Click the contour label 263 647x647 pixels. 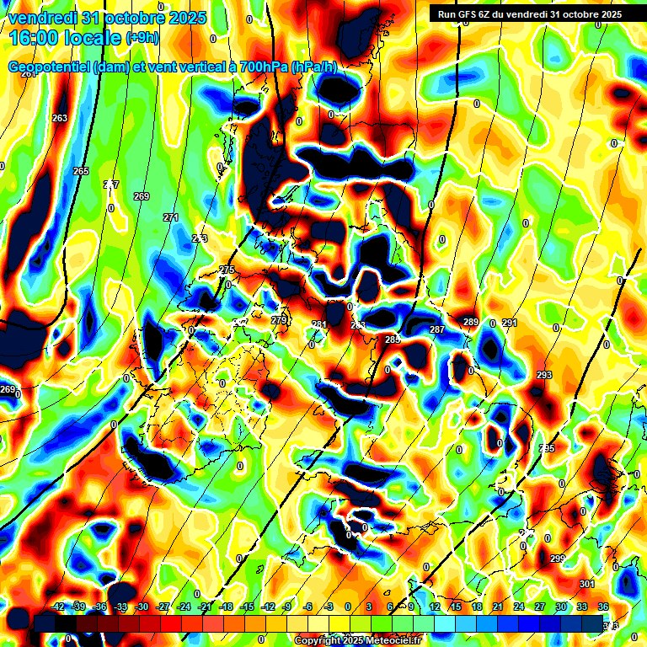[60, 118]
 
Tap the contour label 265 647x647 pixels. [81, 171]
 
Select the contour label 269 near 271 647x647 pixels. [142, 196]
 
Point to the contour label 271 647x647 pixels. [171, 217]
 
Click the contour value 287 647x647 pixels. [436, 329]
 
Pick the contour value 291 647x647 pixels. [509, 323]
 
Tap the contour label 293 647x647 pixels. [543, 375]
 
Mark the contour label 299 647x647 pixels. [557, 559]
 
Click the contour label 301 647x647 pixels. [587, 584]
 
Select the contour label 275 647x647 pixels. [227, 270]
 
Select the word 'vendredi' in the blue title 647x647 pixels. [43, 18]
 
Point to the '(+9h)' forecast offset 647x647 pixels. [142, 37]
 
